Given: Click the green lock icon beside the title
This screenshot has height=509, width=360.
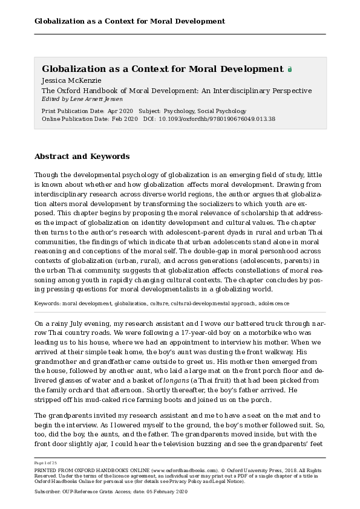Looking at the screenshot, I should (x=290, y=70).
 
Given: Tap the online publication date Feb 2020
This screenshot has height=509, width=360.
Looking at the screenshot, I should (x=125, y=119).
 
